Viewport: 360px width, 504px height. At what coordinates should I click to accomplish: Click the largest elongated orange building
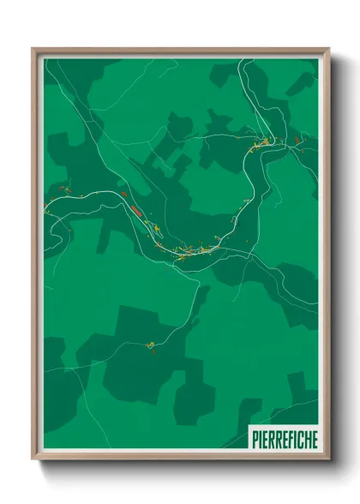(x=135, y=206)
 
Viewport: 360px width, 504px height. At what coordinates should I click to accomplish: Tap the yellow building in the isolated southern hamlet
(x=151, y=345)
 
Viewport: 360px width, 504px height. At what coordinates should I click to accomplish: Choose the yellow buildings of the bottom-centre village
(x=204, y=249)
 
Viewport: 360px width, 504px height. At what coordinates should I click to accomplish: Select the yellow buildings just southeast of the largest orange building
(x=157, y=228)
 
